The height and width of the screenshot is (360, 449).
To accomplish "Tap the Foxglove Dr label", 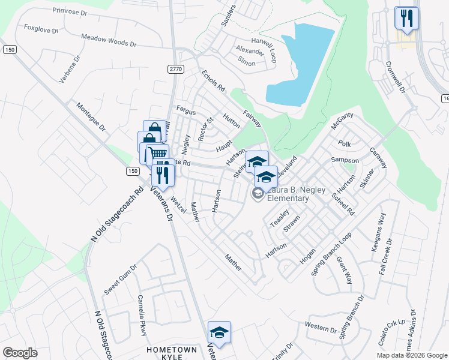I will (41, 28).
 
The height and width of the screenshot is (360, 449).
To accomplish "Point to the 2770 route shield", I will (175, 70).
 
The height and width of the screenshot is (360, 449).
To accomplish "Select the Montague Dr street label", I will (91, 118).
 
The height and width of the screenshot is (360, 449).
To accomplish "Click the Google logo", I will (20, 353).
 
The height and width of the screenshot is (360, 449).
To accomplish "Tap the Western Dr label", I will (321, 328).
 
